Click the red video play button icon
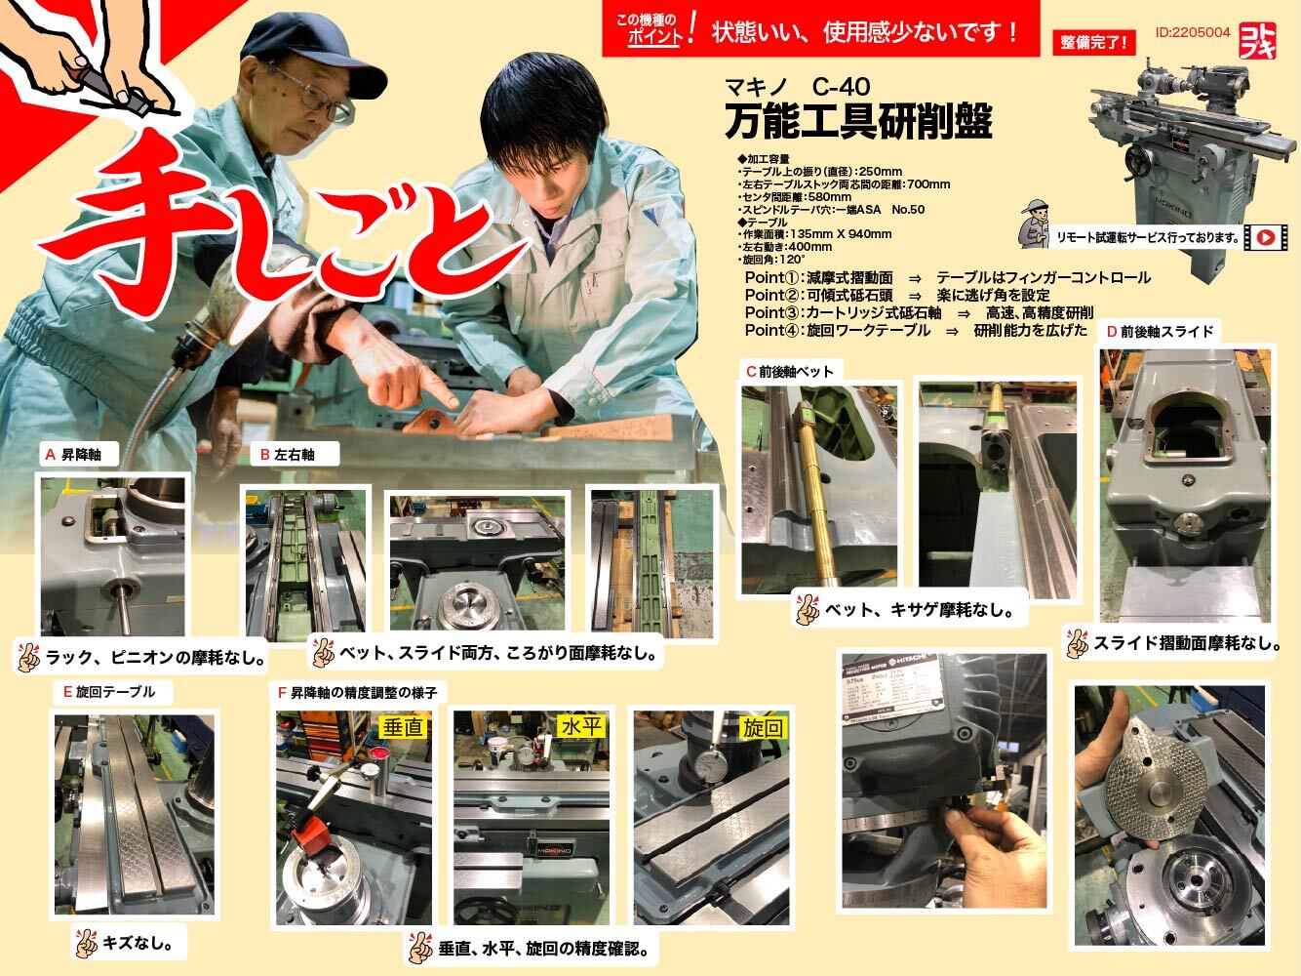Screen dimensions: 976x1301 1265,236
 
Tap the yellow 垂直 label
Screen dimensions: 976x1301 403,727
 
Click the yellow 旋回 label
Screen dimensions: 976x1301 763,727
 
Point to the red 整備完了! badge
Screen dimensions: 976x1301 1093,42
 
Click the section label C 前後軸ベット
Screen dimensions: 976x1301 791,371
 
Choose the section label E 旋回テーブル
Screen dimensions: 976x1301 109,692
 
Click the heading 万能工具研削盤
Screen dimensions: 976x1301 858,122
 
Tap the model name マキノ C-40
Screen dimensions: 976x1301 797,87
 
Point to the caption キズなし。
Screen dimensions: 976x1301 129,943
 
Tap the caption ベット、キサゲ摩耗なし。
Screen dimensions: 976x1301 909,611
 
